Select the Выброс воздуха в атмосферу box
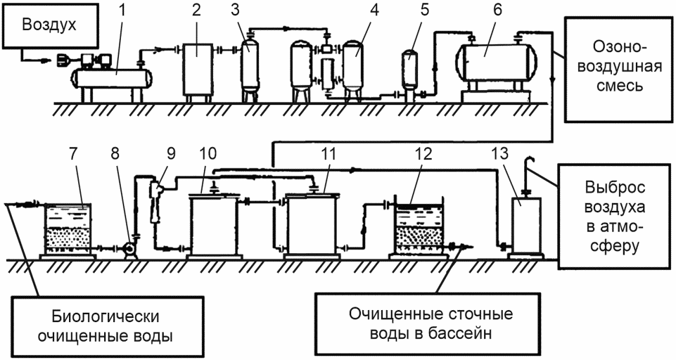pyautogui.click(x=615, y=217)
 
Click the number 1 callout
pyautogui.click(x=122, y=11)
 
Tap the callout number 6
pyautogui.click(x=497, y=11)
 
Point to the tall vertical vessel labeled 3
pyautogui.click(x=249, y=63)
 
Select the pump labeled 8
pyautogui.click(x=129, y=249)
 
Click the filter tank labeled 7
pyautogui.click(x=68, y=229)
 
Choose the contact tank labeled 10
pyautogui.click(x=214, y=225)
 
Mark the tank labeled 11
pyautogui.click(x=311, y=225)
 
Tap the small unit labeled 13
pyautogui.click(x=524, y=225)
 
